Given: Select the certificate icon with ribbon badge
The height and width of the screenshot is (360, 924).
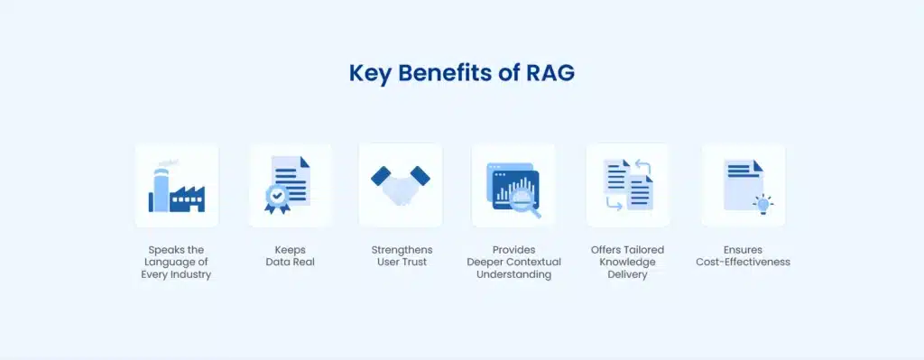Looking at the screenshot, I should (x=290, y=185).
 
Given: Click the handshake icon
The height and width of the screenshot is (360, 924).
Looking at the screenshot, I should (x=400, y=184).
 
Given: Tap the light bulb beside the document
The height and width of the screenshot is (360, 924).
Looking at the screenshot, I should (x=763, y=205).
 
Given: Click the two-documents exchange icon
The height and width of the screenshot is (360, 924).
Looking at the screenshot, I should (x=627, y=185).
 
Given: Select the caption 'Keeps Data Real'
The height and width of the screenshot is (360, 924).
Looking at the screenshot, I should (x=290, y=255).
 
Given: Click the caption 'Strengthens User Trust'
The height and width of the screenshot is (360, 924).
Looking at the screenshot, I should (x=401, y=255).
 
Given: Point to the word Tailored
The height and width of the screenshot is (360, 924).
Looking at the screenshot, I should (x=645, y=249).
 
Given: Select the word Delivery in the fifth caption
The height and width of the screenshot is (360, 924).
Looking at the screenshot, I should (x=627, y=274).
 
